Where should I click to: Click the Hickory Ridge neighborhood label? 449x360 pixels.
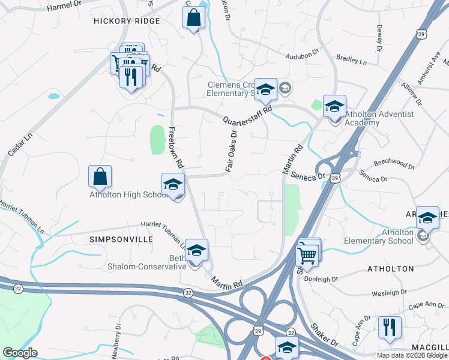pos(127,21)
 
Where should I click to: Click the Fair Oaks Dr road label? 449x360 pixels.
pos(232,151)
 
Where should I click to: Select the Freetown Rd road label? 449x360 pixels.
pos(178,147)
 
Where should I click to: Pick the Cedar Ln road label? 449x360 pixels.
pos(19,145)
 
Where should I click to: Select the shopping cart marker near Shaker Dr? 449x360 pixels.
pos(307,255)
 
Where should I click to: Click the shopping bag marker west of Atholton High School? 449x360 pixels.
pos(100,176)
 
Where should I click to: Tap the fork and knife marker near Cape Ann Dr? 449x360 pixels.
pos(390,327)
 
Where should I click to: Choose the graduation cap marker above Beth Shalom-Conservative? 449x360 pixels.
pos(196,251)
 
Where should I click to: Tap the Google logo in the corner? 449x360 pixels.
pos(19,353)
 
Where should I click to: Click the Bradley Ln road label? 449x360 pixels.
pos(351,60)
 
